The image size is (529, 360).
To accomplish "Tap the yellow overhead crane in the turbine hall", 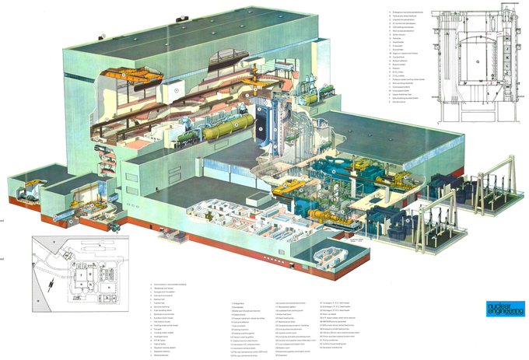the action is [289, 186].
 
